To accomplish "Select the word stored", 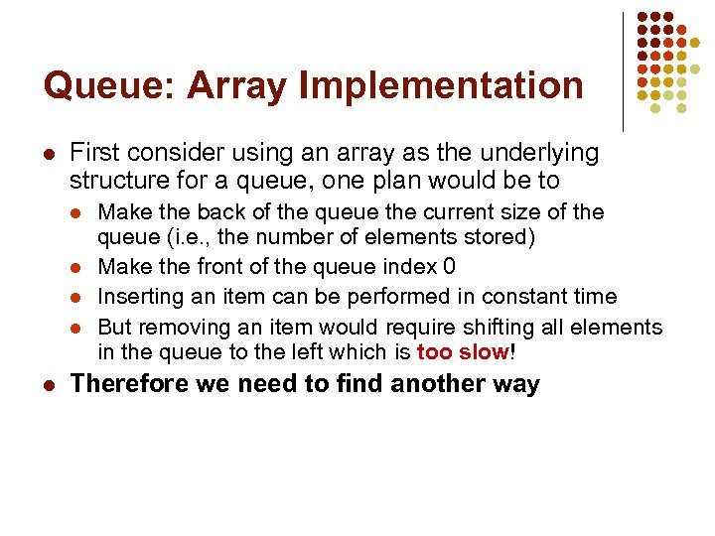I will pyautogui.click(x=504, y=238).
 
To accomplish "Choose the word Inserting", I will pyautogui.click(x=139, y=296).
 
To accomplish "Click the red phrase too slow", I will pyautogui.click(x=462, y=352).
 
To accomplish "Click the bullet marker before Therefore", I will pyautogui.click(x=50, y=384).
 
